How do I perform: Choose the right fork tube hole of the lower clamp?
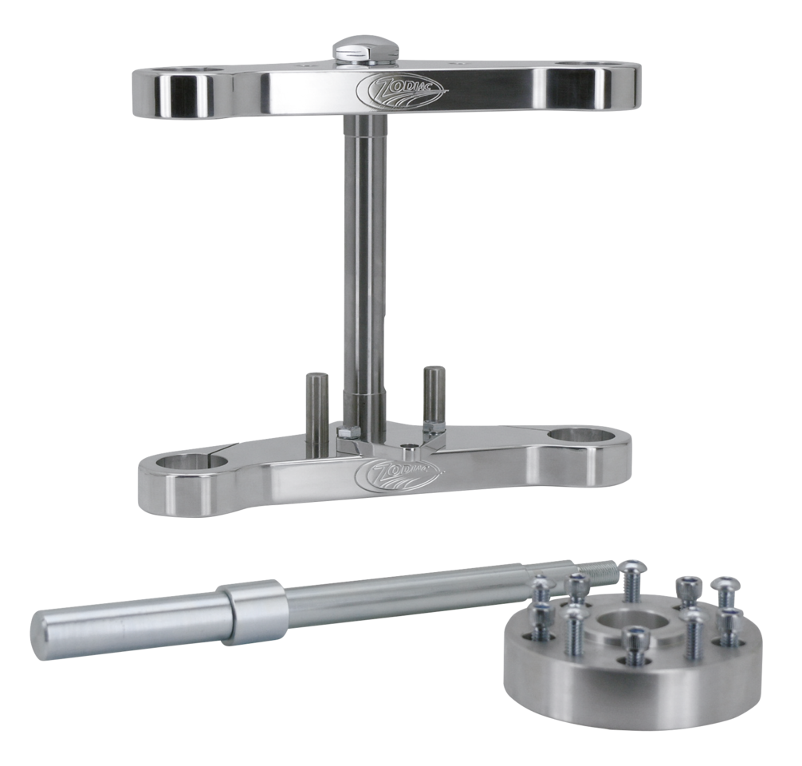coord(581,436)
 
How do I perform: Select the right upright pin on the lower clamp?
coord(434,393)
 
